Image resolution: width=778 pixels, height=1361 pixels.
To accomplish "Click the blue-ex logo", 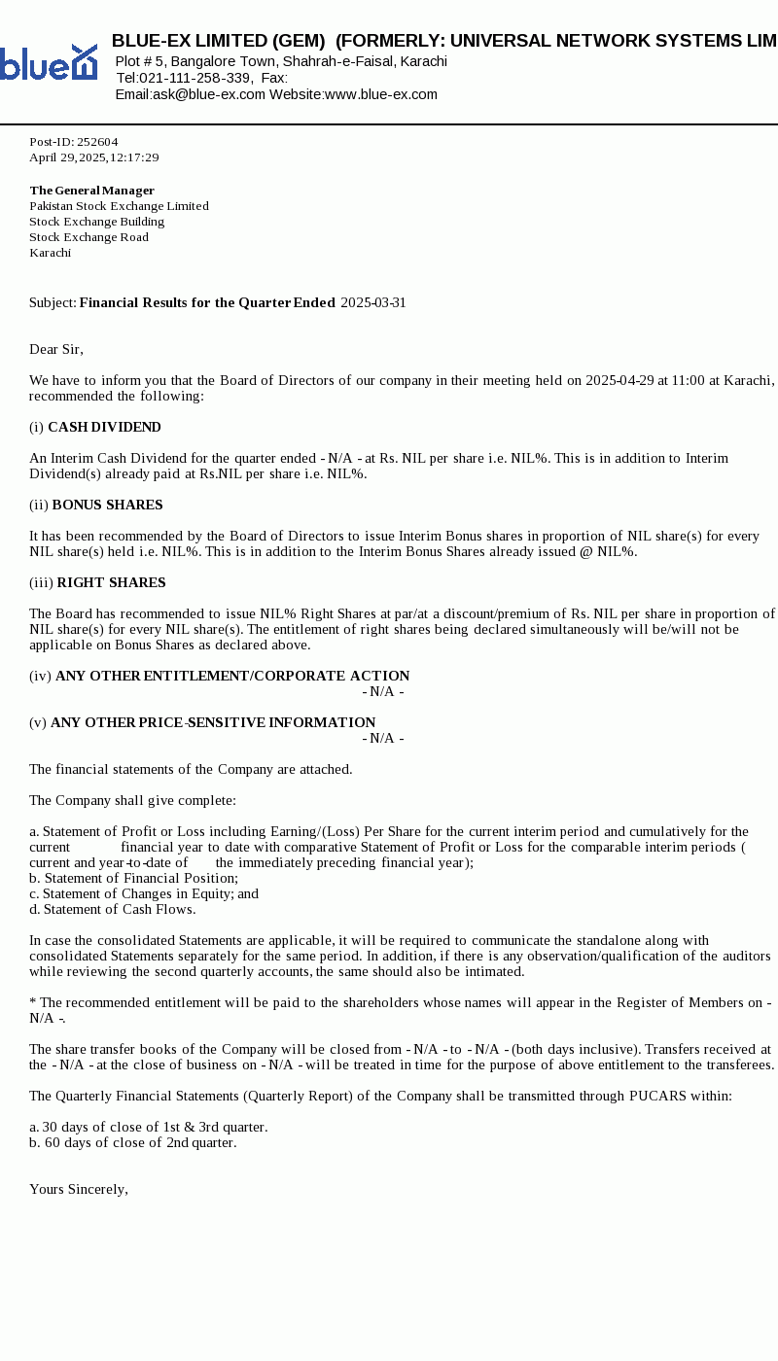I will tap(49, 62).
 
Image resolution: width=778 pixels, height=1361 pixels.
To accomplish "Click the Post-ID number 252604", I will tap(97, 142).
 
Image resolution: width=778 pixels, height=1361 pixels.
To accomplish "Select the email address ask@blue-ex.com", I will tap(209, 94).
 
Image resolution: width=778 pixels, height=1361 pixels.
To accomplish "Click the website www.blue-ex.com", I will tap(380, 94).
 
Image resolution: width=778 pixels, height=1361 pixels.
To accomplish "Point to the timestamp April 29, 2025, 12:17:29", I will tap(94, 157).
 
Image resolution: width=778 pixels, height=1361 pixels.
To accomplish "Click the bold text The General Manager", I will tap(92, 191).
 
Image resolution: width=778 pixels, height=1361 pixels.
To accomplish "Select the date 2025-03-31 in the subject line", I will tap(373, 302).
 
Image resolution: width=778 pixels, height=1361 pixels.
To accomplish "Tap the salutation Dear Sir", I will tap(56, 349).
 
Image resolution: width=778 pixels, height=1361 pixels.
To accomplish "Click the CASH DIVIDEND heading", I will tap(104, 427).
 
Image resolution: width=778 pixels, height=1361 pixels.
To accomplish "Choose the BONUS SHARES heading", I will tap(107, 505).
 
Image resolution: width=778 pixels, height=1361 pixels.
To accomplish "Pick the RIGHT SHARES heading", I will tap(111, 582).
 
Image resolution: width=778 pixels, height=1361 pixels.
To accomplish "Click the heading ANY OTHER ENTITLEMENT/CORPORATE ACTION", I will tap(232, 676).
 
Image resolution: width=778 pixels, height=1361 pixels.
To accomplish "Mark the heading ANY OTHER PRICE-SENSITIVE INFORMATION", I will tap(213, 722).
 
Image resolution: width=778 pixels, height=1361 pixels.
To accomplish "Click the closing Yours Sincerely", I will tap(79, 1189).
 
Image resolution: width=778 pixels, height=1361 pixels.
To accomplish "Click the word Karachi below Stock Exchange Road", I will tap(51, 253).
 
